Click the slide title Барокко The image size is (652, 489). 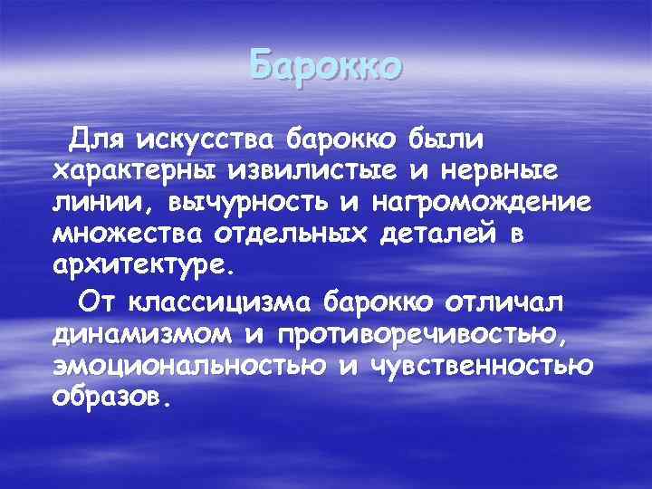pos(324,67)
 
